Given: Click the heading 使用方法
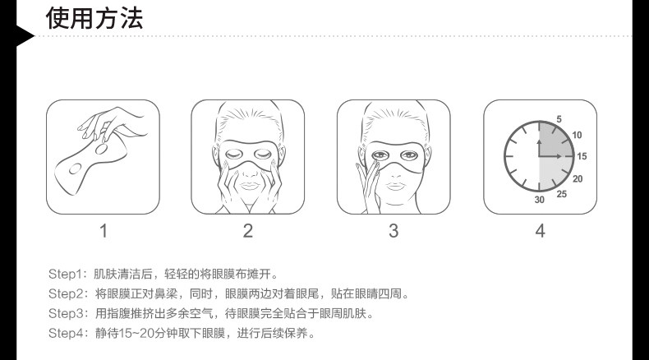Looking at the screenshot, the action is click(94, 17).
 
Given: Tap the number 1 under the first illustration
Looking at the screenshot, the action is click(104, 231).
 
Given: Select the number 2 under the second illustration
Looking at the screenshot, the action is click(248, 231).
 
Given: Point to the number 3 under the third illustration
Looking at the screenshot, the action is click(394, 231).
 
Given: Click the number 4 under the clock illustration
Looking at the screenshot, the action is click(540, 231).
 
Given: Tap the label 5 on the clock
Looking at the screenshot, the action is click(559, 119).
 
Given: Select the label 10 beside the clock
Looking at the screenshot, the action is click(577, 135).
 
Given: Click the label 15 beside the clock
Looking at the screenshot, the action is click(582, 156).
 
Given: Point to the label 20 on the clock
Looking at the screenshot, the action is click(578, 178).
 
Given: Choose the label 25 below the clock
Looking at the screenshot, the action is click(562, 194).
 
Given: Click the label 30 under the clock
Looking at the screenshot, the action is click(540, 200).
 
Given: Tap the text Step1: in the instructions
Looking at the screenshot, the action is click(67, 273).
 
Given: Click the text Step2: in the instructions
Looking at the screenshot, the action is click(67, 293).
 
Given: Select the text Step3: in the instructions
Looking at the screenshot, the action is click(67, 314).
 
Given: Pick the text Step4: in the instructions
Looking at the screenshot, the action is click(67, 335).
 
